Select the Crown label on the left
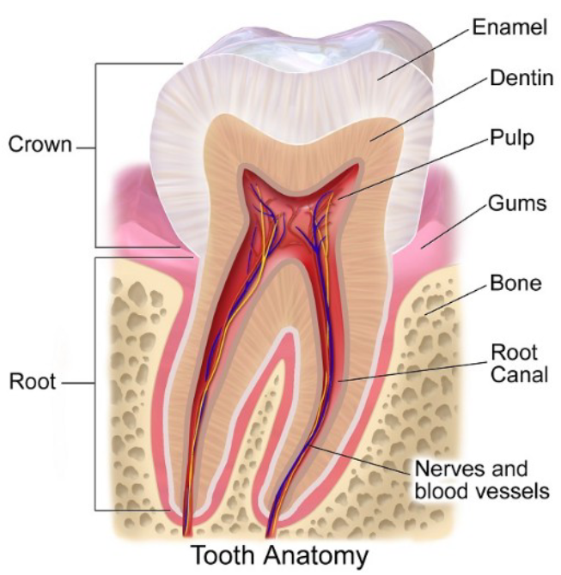pyautogui.click(x=40, y=145)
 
